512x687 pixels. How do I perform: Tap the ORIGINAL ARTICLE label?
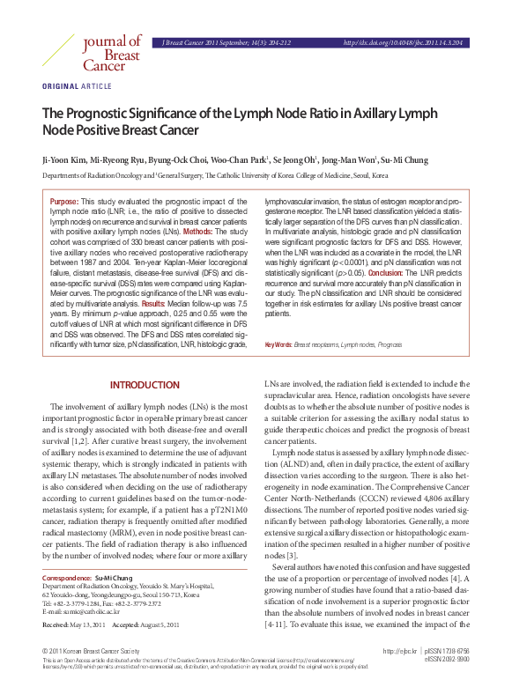click(x=77, y=85)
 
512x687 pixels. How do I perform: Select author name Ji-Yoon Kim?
click(x=65, y=160)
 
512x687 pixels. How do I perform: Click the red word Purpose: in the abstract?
click(x=64, y=202)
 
